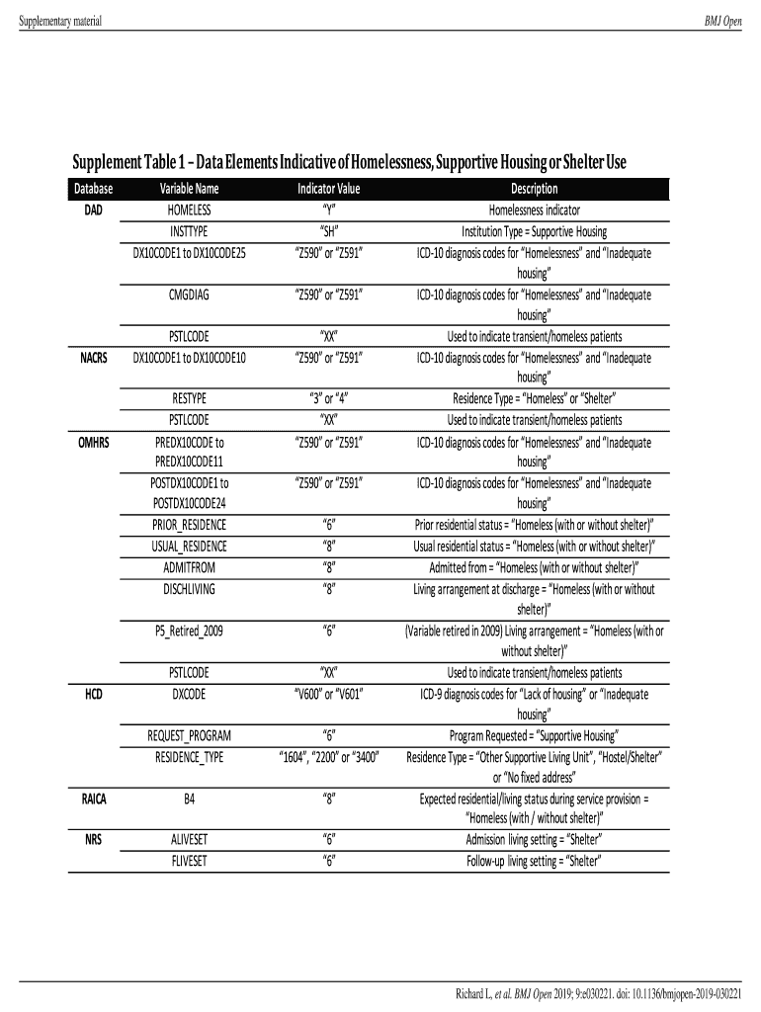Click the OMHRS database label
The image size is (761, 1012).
[x=93, y=441]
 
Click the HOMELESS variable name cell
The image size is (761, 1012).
[x=189, y=210]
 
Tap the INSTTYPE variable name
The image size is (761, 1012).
[x=189, y=231]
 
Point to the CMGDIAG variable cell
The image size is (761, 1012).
[x=189, y=295]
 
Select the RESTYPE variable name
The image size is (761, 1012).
[x=189, y=399]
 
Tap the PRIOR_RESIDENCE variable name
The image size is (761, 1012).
[x=189, y=525]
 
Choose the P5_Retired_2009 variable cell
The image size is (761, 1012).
[x=189, y=631]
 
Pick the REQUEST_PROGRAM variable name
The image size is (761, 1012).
[x=189, y=736]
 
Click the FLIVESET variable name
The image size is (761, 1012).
[x=189, y=861]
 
